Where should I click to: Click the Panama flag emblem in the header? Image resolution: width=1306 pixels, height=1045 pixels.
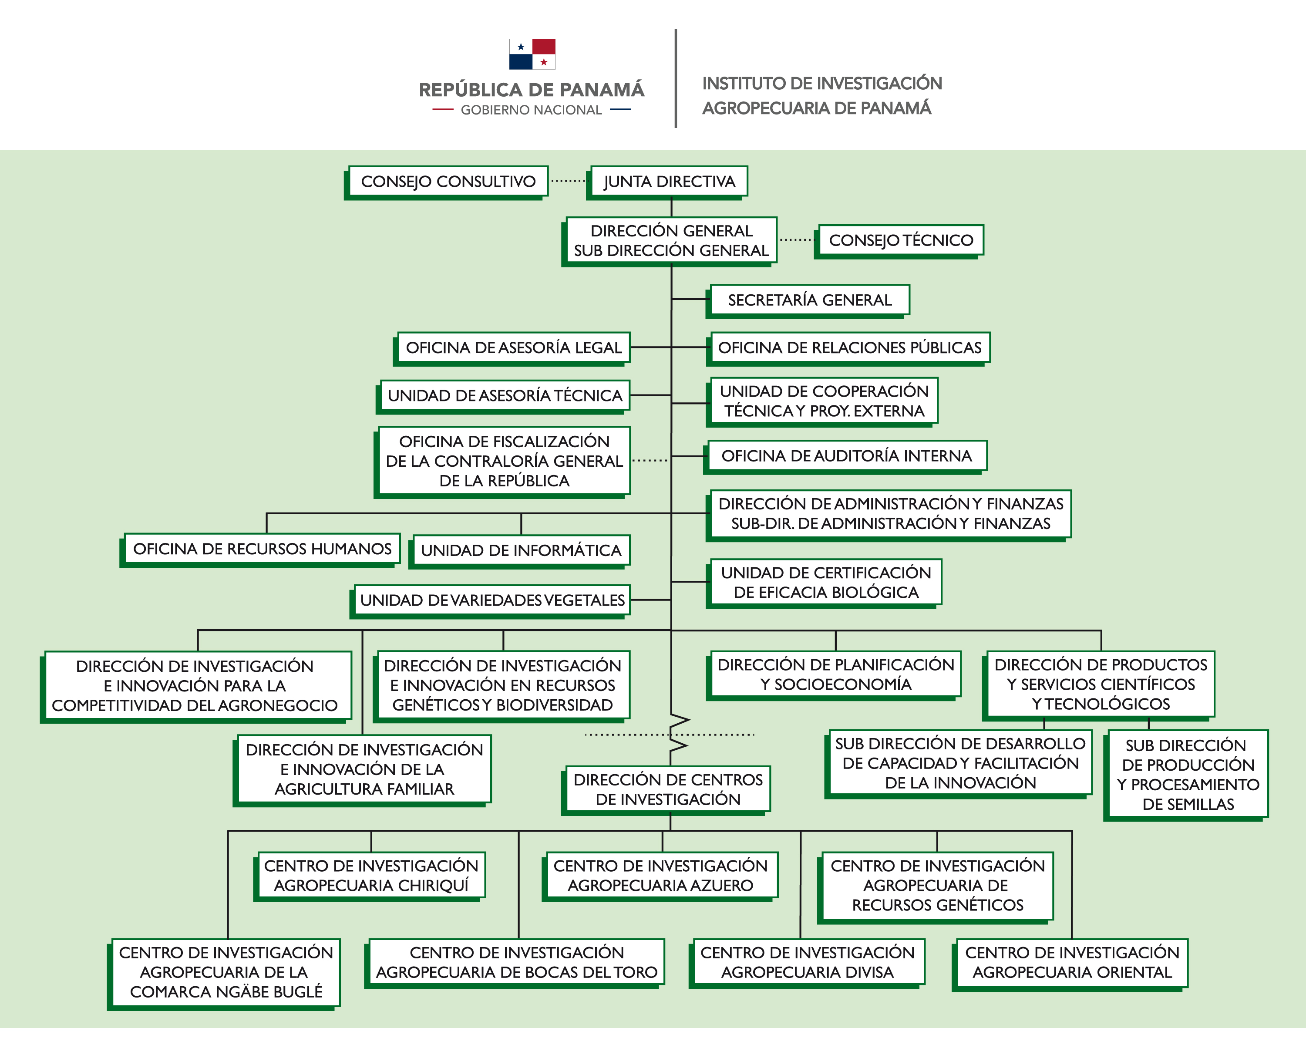coord(532,54)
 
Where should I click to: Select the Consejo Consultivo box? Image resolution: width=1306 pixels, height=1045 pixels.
coord(448,181)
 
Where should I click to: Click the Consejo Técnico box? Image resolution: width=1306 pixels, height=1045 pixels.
coord(901,240)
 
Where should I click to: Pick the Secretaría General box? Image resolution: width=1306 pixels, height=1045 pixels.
coord(809,300)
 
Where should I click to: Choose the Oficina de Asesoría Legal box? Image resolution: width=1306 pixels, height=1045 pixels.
coord(513,347)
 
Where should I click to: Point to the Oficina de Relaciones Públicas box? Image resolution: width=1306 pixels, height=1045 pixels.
coord(849,347)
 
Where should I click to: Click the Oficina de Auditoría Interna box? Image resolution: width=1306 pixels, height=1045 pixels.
coord(846,455)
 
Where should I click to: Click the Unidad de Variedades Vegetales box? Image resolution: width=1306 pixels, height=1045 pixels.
coord(492,600)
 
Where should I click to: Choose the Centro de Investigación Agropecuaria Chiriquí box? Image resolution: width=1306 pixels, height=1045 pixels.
coord(371,875)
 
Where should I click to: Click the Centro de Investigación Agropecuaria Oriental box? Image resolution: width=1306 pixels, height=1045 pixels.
coord(1072,962)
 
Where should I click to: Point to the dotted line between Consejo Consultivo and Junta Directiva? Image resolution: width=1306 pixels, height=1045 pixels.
coord(568,181)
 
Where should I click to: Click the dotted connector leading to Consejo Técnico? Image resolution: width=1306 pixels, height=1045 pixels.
coord(797,240)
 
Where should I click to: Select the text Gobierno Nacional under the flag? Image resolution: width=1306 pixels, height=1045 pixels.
coord(531,110)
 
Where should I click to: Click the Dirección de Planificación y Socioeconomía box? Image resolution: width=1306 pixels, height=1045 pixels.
coord(835,674)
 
